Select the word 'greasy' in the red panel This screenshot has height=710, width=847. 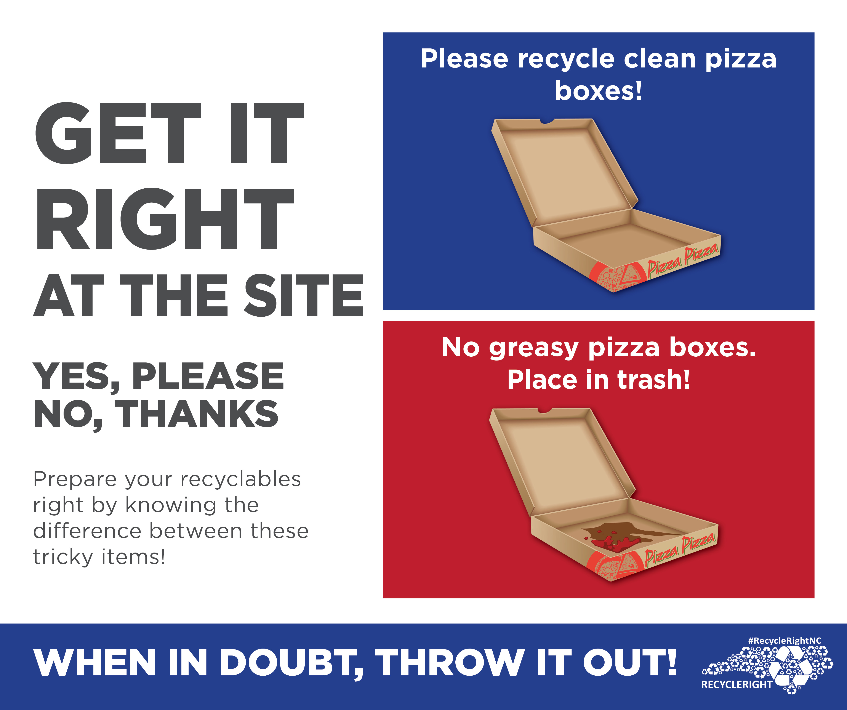click(534, 349)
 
